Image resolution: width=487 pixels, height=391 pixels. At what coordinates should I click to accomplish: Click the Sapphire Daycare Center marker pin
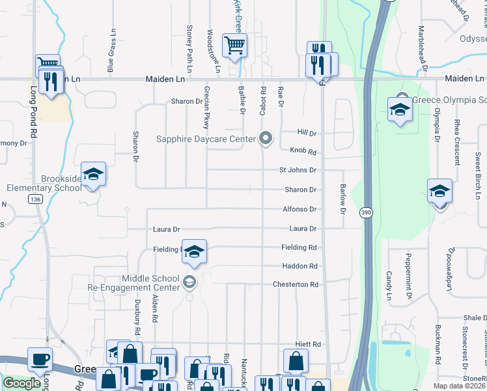265,138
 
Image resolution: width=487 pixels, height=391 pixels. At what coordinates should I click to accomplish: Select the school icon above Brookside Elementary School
93,174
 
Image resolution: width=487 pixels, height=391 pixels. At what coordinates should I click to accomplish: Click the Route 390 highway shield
367,213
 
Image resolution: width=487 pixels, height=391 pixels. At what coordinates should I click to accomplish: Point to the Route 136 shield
35,199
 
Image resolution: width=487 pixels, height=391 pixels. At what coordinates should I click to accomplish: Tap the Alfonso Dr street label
299,209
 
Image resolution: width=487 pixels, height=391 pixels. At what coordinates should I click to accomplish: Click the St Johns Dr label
298,170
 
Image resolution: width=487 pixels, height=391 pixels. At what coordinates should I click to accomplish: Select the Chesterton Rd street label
296,285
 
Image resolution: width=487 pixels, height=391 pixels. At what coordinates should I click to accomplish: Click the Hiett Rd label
308,344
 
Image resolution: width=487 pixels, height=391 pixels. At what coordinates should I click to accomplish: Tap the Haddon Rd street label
299,266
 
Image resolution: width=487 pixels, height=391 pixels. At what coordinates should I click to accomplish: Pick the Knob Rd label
303,152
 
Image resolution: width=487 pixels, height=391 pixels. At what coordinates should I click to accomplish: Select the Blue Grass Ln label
112,50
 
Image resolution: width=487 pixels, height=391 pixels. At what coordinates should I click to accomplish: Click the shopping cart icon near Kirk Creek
234,45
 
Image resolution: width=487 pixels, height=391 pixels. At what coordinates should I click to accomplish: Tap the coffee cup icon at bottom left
40,359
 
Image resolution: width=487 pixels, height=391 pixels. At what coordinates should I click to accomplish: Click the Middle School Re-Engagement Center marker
189,282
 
